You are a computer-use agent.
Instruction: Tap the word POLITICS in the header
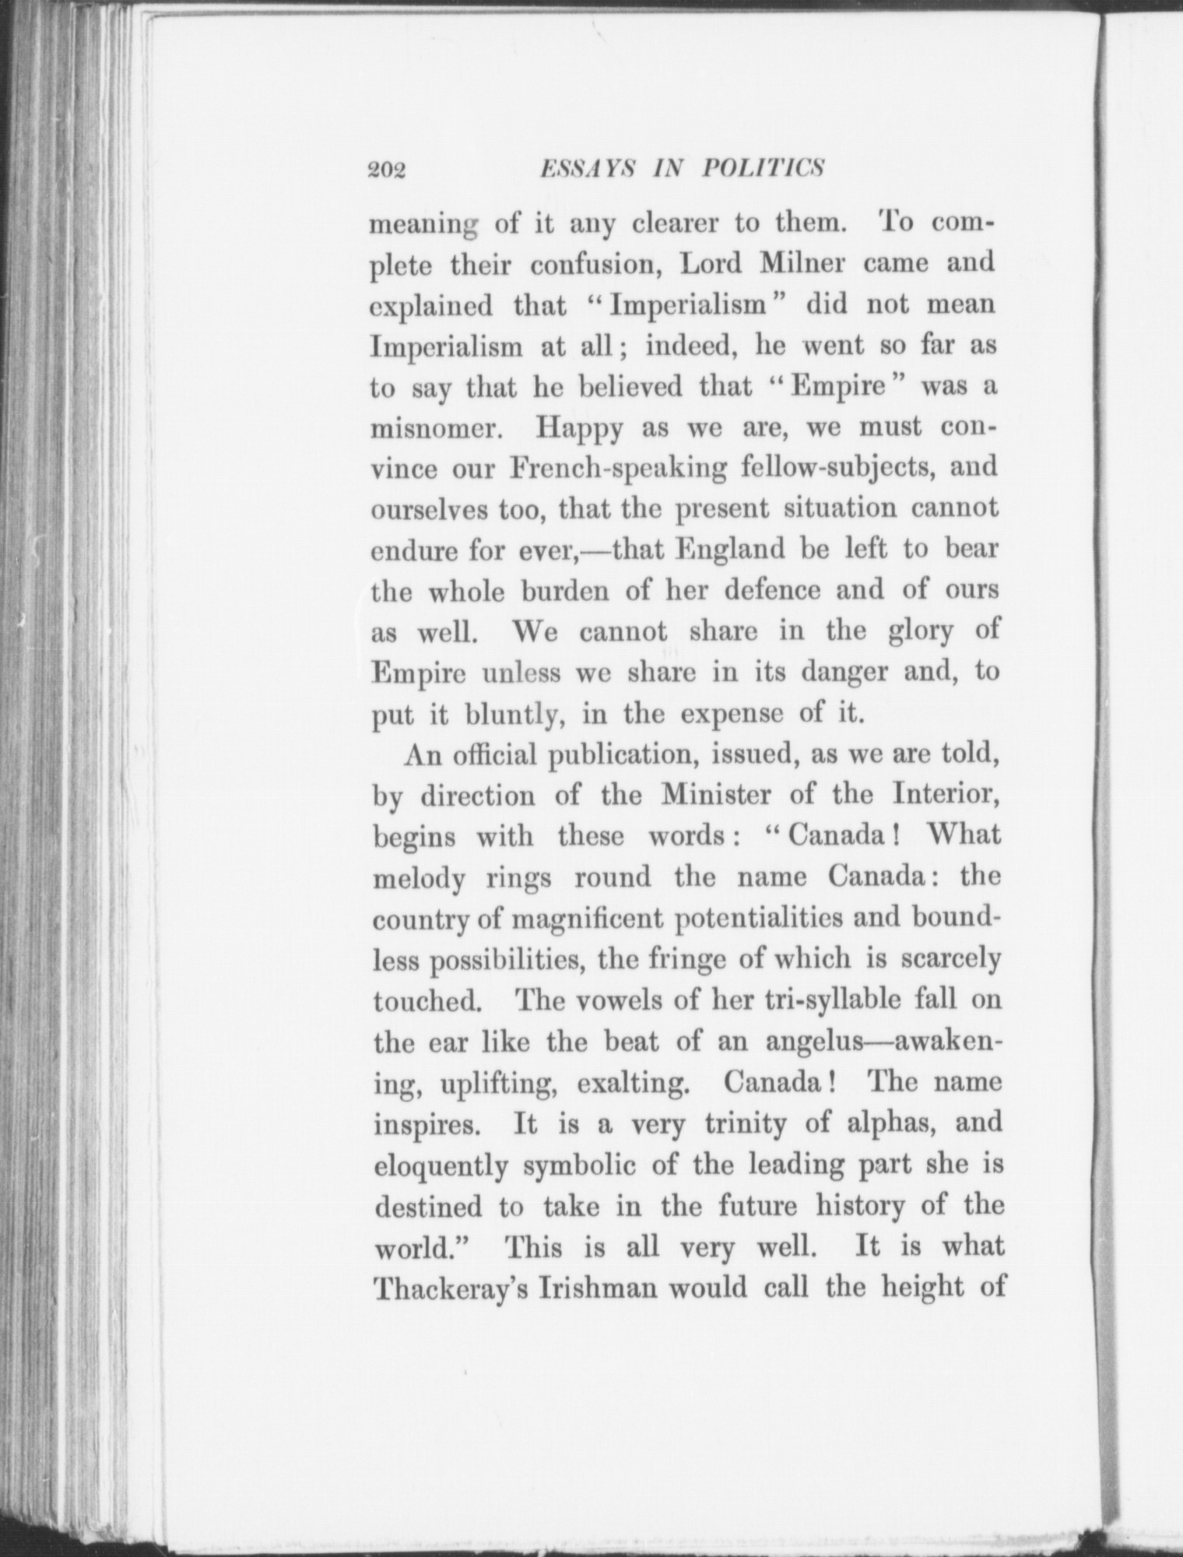click(x=763, y=169)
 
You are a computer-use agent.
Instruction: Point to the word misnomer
click(x=430, y=428)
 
